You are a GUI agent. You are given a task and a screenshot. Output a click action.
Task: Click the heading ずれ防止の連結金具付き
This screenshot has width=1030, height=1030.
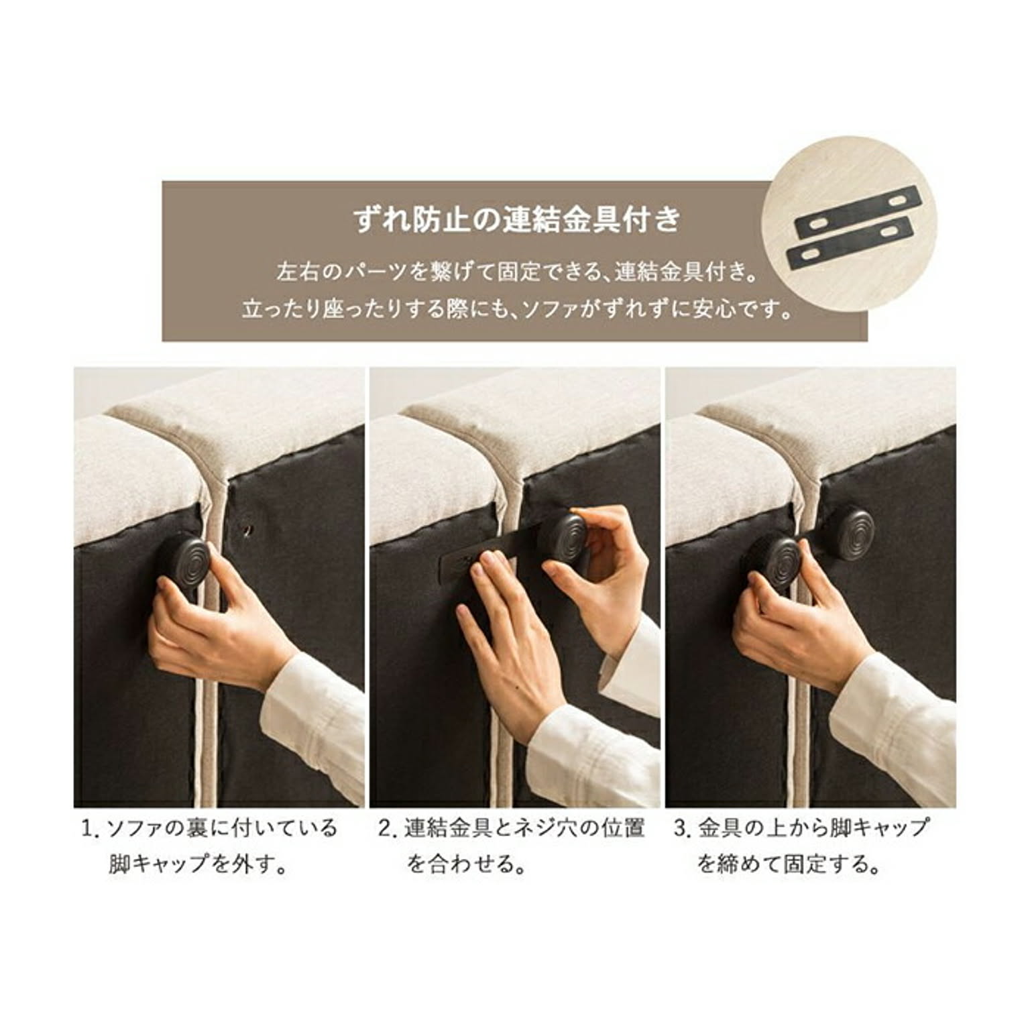click(517, 219)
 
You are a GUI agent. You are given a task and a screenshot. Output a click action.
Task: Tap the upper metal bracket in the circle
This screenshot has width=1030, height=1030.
click(856, 215)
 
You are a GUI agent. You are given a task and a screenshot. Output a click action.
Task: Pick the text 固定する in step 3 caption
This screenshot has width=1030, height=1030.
click(819, 864)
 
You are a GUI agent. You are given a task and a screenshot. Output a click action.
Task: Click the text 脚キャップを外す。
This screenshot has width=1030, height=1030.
click(198, 864)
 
